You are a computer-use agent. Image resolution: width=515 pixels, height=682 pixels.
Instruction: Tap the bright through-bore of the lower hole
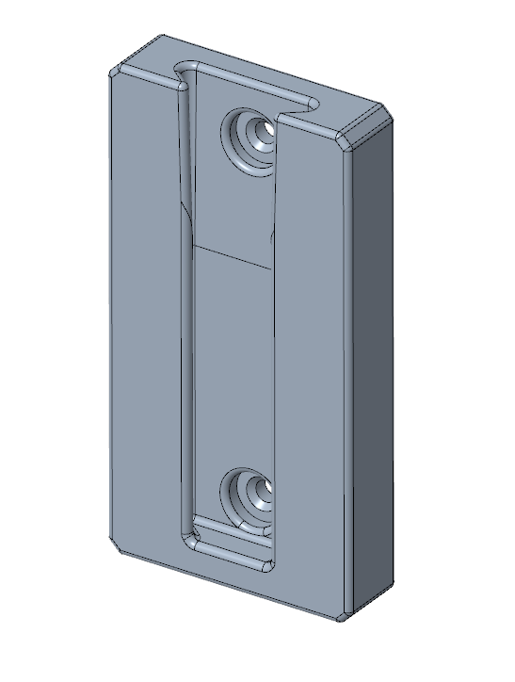pyautogui.click(x=264, y=487)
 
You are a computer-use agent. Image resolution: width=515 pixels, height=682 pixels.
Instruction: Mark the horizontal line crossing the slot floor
pyautogui.click(x=231, y=252)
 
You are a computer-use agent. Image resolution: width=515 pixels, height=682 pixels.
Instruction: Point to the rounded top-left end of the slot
pyautogui.click(x=184, y=73)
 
